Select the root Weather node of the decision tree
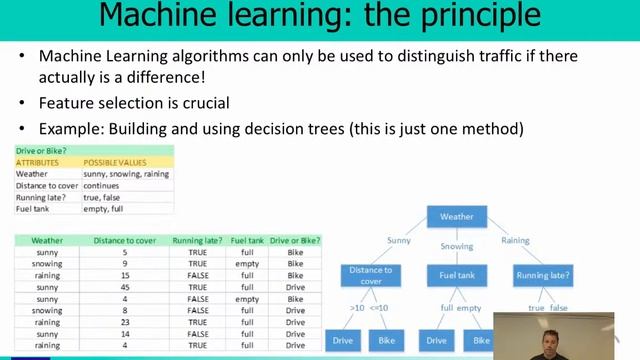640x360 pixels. coord(457,216)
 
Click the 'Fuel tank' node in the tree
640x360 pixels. coord(457,275)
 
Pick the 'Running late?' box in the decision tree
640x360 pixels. coord(543,275)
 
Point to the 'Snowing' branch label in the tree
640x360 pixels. coord(457,245)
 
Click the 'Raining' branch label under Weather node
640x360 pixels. coord(515,241)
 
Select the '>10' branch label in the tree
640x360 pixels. coord(356,308)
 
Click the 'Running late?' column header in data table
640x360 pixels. coord(195,240)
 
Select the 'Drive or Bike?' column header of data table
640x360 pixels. coord(295,240)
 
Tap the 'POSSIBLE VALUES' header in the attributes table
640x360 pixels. coord(114,162)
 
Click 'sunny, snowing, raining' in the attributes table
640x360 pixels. coord(126,174)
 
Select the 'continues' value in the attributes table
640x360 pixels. coord(101,185)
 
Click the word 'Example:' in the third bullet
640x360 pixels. coord(68,128)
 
